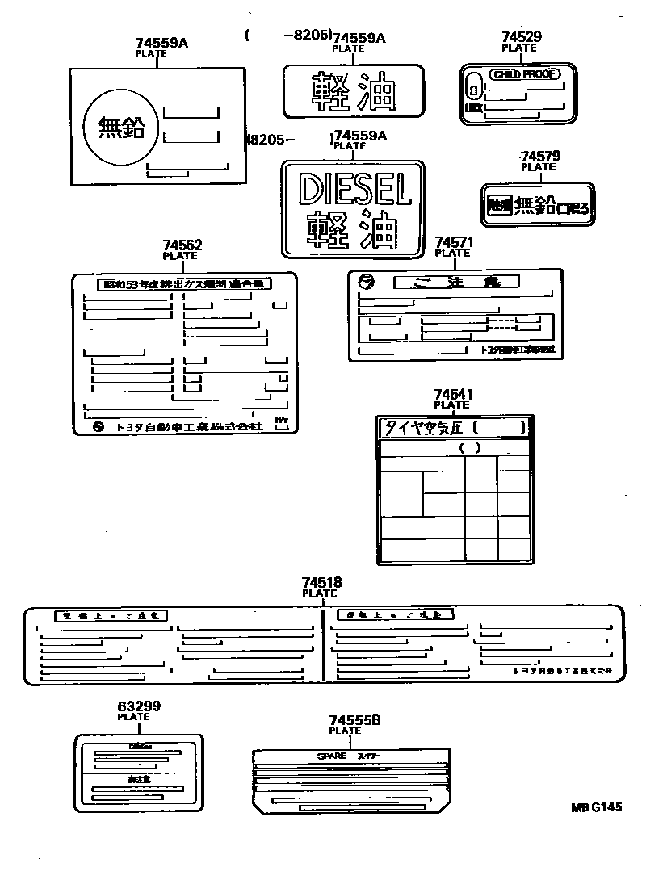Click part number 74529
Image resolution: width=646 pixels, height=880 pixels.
[x=521, y=36]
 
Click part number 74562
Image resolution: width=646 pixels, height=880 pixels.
[x=182, y=245]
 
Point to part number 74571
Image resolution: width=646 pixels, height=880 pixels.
[x=453, y=242]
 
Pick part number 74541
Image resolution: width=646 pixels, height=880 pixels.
[x=452, y=395]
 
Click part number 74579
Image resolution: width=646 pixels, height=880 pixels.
[x=540, y=156]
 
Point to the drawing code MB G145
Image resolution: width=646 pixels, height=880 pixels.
[x=598, y=807]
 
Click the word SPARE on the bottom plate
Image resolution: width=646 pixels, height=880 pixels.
[x=331, y=756]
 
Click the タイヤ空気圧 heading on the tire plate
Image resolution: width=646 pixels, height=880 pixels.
[x=421, y=428]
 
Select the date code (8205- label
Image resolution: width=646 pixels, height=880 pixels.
[x=270, y=139]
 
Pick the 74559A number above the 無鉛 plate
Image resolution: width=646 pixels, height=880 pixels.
[x=161, y=44]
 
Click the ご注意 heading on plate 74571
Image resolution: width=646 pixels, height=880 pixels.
[x=455, y=282]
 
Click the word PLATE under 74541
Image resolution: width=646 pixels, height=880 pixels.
[x=451, y=405]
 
